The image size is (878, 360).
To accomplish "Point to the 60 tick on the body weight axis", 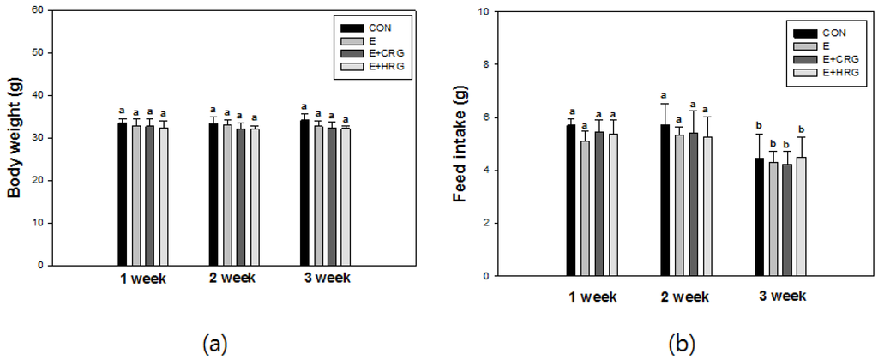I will tap(38, 10).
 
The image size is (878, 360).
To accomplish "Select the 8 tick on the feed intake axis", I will tap(487, 64).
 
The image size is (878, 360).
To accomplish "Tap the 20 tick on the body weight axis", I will tap(38, 180).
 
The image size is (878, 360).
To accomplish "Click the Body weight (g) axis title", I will tap(15, 137).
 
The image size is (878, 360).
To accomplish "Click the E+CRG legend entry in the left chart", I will tap(376, 52).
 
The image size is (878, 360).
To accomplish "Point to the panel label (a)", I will tap(213, 345).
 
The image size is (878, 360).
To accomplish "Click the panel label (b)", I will tap(683, 345).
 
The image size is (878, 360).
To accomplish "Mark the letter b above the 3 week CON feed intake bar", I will tap(759, 126).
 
